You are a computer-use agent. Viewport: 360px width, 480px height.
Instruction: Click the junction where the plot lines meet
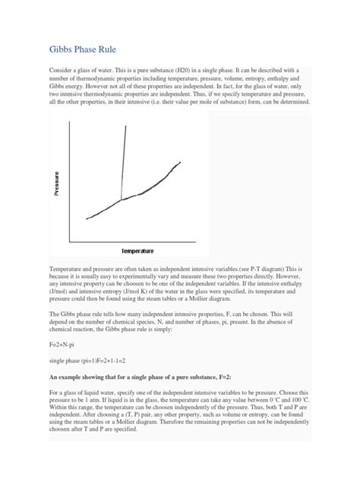tap(122, 200)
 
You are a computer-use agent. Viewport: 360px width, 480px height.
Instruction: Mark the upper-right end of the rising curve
tap(181, 161)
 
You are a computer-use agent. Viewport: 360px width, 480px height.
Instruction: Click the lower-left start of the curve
tap(87, 219)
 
